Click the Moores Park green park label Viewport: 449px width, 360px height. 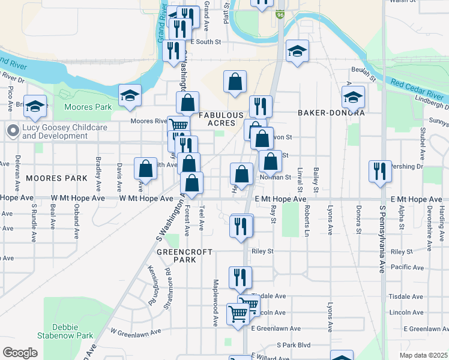click(x=87, y=107)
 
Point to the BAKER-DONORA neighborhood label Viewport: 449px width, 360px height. click(x=331, y=113)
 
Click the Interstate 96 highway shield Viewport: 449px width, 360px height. click(x=280, y=14)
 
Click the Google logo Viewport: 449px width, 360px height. click(x=19, y=353)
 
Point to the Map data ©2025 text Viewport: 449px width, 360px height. click(x=423, y=355)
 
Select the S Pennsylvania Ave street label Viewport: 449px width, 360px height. click(x=381, y=240)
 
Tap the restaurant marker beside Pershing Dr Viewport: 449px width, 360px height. click(x=380, y=171)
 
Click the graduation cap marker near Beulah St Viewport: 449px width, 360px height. click(x=297, y=51)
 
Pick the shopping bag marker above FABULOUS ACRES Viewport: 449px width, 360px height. click(x=235, y=82)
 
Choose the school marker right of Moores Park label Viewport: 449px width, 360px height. click(x=130, y=96)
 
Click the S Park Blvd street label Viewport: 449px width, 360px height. click(x=293, y=345)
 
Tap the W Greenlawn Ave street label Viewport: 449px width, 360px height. click(x=136, y=332)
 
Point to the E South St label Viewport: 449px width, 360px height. click(x=206, y=42)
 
